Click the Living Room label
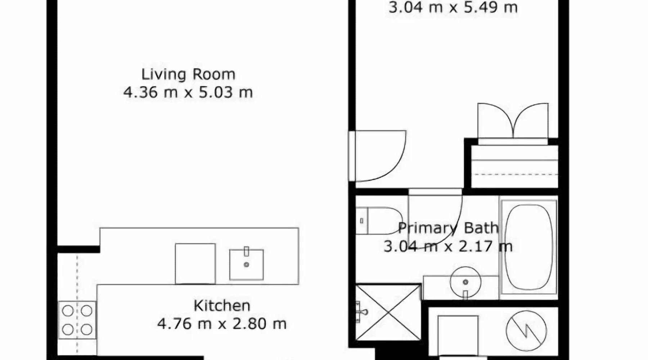tap(188, 75)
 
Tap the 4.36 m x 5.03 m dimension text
tap(188, 93)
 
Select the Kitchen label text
tap(222, 306)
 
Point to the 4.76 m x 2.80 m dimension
tap(222, 324)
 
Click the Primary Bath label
tap(448, 228)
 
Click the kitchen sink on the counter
tap(247, 265)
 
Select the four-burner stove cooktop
tap(77, 320)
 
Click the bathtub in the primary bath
tap(528, 247)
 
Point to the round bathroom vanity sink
tap(465, 282)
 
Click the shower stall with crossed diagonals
tap(388, 312)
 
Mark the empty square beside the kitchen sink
tap(195, 264)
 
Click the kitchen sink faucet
tap(247, 252)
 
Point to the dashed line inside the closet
tap(516, 175)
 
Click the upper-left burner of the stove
tap(68, 311)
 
